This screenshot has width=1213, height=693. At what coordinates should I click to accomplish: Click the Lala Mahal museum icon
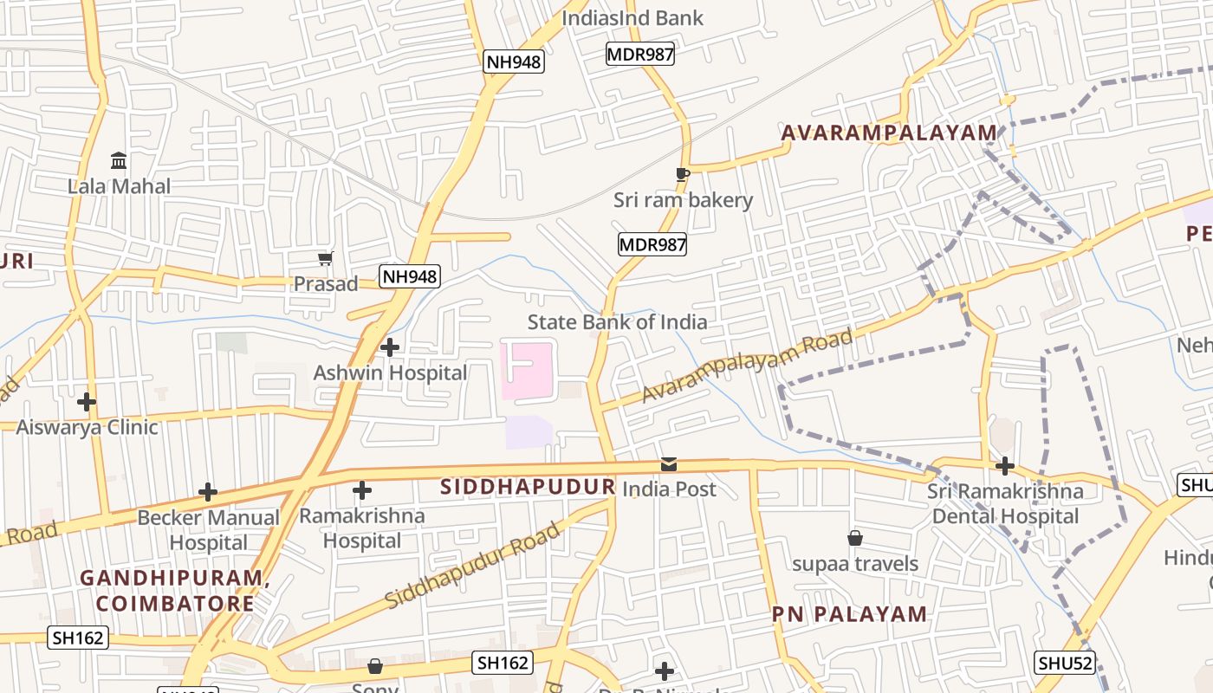[x=119, y=161]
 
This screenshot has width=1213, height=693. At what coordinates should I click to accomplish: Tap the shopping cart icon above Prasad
[x=326, y=258]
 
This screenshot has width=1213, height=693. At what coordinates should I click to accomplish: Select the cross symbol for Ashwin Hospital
[x=390, y=347]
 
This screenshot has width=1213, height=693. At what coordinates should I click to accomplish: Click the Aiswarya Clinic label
[x=87, y=426]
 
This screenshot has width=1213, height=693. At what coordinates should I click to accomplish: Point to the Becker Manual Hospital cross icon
[x=208, y=492]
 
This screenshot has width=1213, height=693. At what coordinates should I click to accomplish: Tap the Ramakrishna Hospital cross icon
[x=362, y=491]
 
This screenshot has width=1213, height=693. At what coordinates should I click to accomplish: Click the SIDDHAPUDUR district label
[x=528, y=487]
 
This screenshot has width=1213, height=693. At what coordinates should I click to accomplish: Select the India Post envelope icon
[x=669, y=464]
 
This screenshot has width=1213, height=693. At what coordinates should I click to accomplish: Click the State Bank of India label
[x=617, y=322]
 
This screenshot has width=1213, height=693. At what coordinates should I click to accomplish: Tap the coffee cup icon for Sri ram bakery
[x=683, y=174]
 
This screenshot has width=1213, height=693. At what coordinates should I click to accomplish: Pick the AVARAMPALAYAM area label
[x=889, y=133]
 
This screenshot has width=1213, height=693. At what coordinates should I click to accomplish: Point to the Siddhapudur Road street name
[x=473, y=565]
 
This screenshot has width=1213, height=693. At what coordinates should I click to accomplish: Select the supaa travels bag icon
[x=855, y=539]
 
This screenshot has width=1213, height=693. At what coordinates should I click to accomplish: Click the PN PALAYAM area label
[x=849, y=615]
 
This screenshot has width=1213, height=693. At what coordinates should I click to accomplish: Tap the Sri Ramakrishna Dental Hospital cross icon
[x=1005, y=466]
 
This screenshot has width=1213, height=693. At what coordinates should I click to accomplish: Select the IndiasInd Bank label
[x=632, y=18]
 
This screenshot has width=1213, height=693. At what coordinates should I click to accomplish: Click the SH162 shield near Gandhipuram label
[x=78, y=638]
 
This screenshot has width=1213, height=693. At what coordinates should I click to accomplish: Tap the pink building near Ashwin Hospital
[x=526, y=371]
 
